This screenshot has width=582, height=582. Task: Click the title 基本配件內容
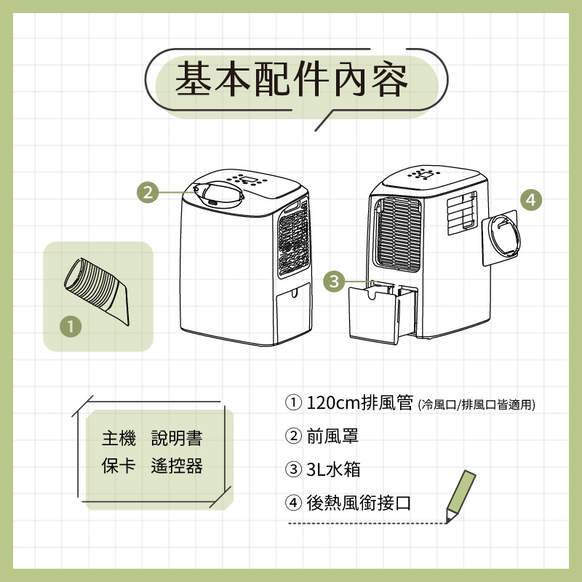(292, 79)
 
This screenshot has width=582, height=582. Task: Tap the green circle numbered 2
(148, 193)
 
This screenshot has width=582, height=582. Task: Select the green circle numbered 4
(531, 200)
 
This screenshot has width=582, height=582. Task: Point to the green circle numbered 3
(334, 281)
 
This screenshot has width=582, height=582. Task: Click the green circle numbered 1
(71, 327)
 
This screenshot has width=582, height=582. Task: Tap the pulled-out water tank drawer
(383, 313)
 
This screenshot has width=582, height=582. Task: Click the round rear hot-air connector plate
(502, 238)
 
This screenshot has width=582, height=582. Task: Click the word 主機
(119, 438)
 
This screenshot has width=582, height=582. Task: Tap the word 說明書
(177, 438)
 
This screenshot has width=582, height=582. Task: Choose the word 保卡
(119, 466)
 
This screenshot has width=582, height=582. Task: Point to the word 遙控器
(177, 466)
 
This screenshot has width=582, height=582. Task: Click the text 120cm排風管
(359, 402)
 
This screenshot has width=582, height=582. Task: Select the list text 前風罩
(332, 436)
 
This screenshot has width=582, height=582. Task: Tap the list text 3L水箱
(333, 469)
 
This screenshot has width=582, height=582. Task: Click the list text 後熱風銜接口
(359, 503)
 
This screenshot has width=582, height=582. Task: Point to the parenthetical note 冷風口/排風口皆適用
(477, 404)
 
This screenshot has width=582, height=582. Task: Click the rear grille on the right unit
(398, 234)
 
